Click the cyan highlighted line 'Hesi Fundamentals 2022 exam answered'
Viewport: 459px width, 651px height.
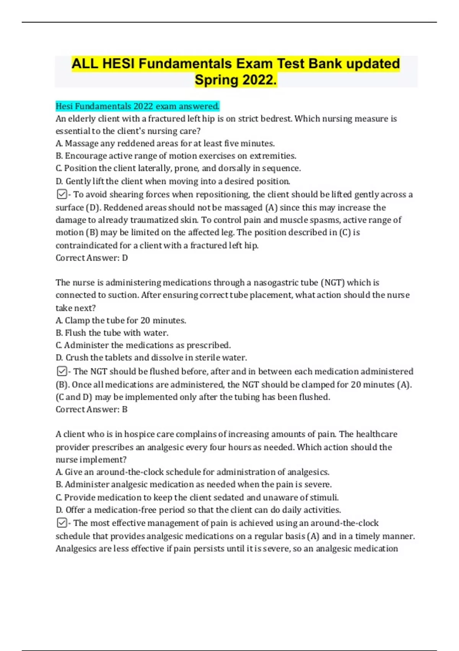tap(138, 106)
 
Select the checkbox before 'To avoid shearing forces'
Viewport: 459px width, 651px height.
tap(62, 195)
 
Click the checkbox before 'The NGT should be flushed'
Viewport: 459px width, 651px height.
tap(62, 371)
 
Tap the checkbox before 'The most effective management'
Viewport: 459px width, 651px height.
tap(62, 523)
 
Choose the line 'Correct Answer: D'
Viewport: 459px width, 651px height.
tap(92, 258)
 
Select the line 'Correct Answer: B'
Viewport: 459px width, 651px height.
tap(92, 409)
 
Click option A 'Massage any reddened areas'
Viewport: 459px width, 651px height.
tap(165, 144)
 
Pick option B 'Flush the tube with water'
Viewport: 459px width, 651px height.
tap(112, 333)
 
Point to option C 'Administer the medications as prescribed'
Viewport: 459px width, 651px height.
tap(143, 345)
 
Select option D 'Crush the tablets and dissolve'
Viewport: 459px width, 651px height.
tap(151, 358)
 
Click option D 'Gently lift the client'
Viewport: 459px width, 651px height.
tap(173, 181)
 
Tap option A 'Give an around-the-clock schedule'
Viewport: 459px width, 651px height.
tap(193, 472)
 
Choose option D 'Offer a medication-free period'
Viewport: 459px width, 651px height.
tap(198, 510)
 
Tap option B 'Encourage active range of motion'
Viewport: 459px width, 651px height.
tap(176, 156)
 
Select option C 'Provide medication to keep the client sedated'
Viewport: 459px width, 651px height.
tap(197, 497)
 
